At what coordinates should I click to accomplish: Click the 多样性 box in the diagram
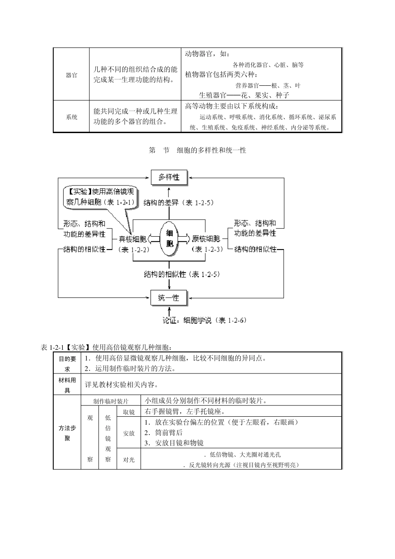169,178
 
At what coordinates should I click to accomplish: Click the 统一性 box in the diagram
169,298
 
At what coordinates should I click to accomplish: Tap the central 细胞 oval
169,239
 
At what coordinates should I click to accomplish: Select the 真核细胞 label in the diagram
133,239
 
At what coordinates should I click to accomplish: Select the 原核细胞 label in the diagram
206,239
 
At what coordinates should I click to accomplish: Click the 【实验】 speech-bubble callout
100,197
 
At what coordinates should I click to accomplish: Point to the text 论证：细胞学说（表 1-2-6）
205,320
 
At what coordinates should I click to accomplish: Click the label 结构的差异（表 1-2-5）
178,203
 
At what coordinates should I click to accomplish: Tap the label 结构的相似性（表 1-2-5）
182,274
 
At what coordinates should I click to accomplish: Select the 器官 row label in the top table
72,76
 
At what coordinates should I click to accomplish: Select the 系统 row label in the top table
72,117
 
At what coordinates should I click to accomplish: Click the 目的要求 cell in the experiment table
67,363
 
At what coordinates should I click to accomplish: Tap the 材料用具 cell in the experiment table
67,385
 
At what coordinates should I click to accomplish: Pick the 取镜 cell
129,412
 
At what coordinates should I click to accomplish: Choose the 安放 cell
129,433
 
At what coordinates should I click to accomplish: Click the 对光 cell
129,460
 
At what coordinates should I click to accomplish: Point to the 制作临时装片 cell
111,401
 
